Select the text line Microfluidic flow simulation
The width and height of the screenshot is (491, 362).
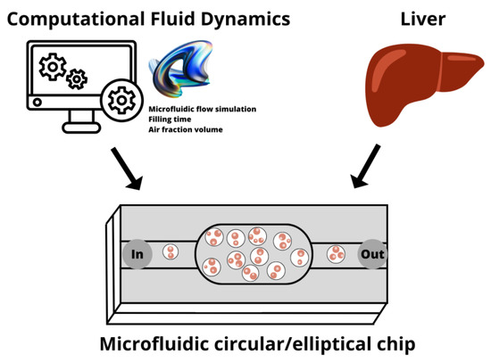pyautogui.click(x=202, y=110)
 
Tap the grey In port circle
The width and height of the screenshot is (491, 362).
pyautogui.click(x=137, y=254)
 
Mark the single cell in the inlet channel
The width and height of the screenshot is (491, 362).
pyautogui.click(x=171, y=252)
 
